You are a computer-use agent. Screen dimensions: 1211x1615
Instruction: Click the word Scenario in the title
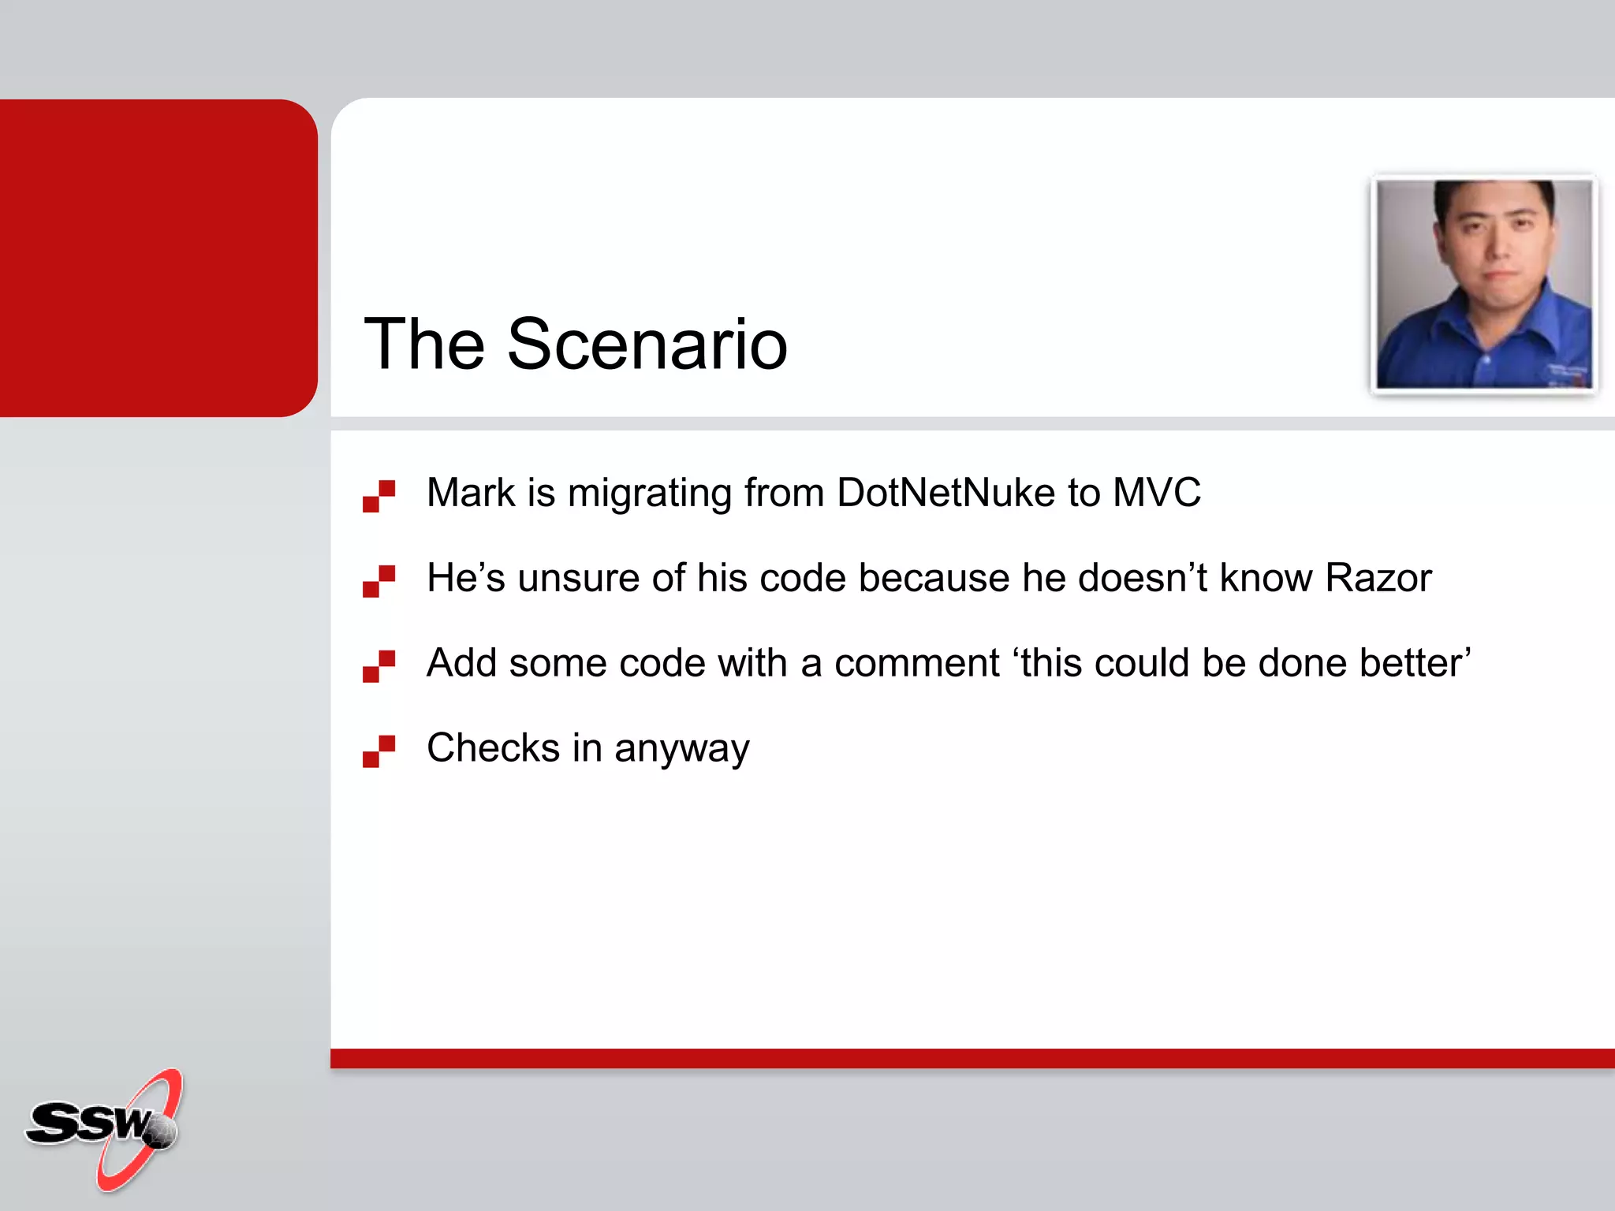(647, 345)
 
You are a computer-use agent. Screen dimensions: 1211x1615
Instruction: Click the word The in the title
(423, 345)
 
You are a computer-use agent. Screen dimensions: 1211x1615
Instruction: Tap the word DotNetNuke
(946, 493)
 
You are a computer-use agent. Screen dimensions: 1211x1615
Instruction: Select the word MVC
(1156, 493)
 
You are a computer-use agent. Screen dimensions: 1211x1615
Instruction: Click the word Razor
(1378, 578)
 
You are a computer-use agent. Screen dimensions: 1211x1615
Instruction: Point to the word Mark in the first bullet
(471, 493)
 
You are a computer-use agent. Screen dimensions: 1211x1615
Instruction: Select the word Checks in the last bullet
(493, 747)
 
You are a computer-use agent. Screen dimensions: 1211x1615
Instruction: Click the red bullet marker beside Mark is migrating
(379, 496)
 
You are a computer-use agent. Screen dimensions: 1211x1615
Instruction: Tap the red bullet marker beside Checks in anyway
(379, 751)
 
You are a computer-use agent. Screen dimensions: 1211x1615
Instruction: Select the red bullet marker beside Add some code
(379, 666)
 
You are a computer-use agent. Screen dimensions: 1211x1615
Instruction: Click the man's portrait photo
(1483, 284)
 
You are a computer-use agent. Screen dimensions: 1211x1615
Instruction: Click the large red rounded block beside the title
(158, 258)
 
